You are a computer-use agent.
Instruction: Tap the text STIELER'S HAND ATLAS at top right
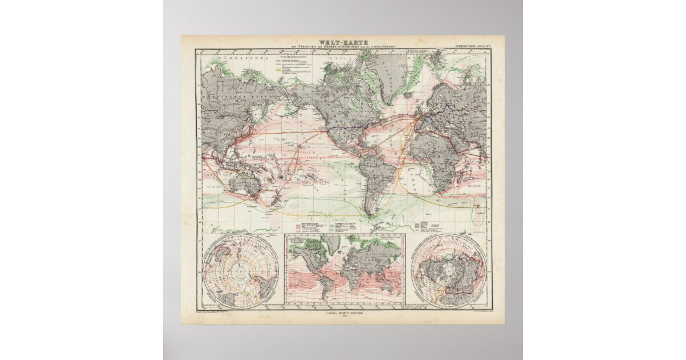464,44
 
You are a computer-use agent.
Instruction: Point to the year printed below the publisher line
343,318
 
